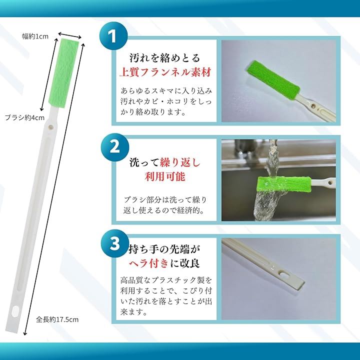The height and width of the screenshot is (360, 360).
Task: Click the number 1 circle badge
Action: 113,36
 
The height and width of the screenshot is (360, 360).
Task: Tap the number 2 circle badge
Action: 115,147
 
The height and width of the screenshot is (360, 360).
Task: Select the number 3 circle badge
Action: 115,243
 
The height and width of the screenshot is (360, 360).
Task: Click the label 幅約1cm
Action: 35,36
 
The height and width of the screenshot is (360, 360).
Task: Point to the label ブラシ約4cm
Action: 24,117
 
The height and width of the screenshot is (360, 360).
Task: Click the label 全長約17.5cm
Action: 57,319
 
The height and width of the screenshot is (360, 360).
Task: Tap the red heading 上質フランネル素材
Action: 165,72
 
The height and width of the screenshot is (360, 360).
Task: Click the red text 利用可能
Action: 165,176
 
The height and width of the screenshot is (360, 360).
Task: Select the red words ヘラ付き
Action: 149,263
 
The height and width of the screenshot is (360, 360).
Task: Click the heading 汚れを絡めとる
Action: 165,58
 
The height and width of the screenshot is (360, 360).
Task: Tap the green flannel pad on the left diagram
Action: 63,73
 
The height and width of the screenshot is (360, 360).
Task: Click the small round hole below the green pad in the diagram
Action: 50,126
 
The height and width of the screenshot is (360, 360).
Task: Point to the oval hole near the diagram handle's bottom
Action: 15,312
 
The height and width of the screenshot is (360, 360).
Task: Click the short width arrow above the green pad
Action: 70,35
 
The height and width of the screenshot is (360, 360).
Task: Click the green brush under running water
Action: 284,184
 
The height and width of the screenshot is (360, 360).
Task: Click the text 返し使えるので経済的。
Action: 164,210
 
